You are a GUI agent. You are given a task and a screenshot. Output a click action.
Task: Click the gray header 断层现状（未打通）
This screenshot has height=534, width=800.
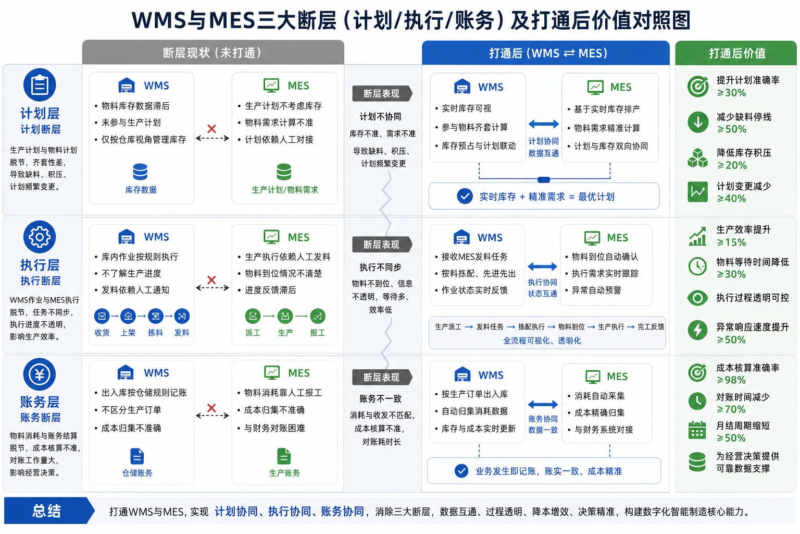[x=213, y=53]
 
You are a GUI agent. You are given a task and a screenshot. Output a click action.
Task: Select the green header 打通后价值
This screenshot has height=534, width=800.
[x=736, y=53]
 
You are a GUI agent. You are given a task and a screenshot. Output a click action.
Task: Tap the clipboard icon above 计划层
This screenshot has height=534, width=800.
[x=40, y=85]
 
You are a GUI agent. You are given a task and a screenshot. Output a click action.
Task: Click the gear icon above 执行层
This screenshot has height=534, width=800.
[x=40, y=237]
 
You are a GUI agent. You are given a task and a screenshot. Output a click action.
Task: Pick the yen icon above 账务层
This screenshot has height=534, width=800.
[x=40, y=374]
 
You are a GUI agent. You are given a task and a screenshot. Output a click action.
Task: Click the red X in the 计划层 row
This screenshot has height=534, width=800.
[x=212, y=129]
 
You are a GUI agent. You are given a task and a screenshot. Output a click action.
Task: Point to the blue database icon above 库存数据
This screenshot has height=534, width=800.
[x=140, y=172]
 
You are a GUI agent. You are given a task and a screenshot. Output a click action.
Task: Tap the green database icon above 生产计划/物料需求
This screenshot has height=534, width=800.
[x=284, y=172]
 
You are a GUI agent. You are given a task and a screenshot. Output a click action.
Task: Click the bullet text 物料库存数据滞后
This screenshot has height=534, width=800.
[x=136, y=106]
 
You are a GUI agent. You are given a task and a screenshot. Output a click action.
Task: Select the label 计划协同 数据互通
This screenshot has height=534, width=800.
[x=544, y=147]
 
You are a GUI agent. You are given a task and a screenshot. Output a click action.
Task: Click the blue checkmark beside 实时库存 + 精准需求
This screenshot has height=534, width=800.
[x=465, y=197]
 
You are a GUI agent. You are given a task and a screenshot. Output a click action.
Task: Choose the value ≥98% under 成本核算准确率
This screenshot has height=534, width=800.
[x=731, y=380]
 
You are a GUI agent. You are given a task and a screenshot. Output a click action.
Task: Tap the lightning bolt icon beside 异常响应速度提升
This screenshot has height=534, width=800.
[x=697, y=330]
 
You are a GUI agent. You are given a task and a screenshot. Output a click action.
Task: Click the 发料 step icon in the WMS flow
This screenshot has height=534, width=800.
[x=182, y=316]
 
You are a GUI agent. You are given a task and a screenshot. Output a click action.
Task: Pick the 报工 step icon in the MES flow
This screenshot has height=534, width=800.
[x=318, y=316]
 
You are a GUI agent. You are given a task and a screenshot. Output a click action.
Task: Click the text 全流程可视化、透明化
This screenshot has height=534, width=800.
[x=542, y=341]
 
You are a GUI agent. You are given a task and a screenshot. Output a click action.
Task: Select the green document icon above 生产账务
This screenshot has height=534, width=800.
[x=284, y=456]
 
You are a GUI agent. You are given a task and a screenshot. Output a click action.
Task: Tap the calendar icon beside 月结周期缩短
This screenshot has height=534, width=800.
[x=697, y=430]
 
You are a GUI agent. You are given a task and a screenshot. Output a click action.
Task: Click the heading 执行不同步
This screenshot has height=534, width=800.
[x=380, y=267]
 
